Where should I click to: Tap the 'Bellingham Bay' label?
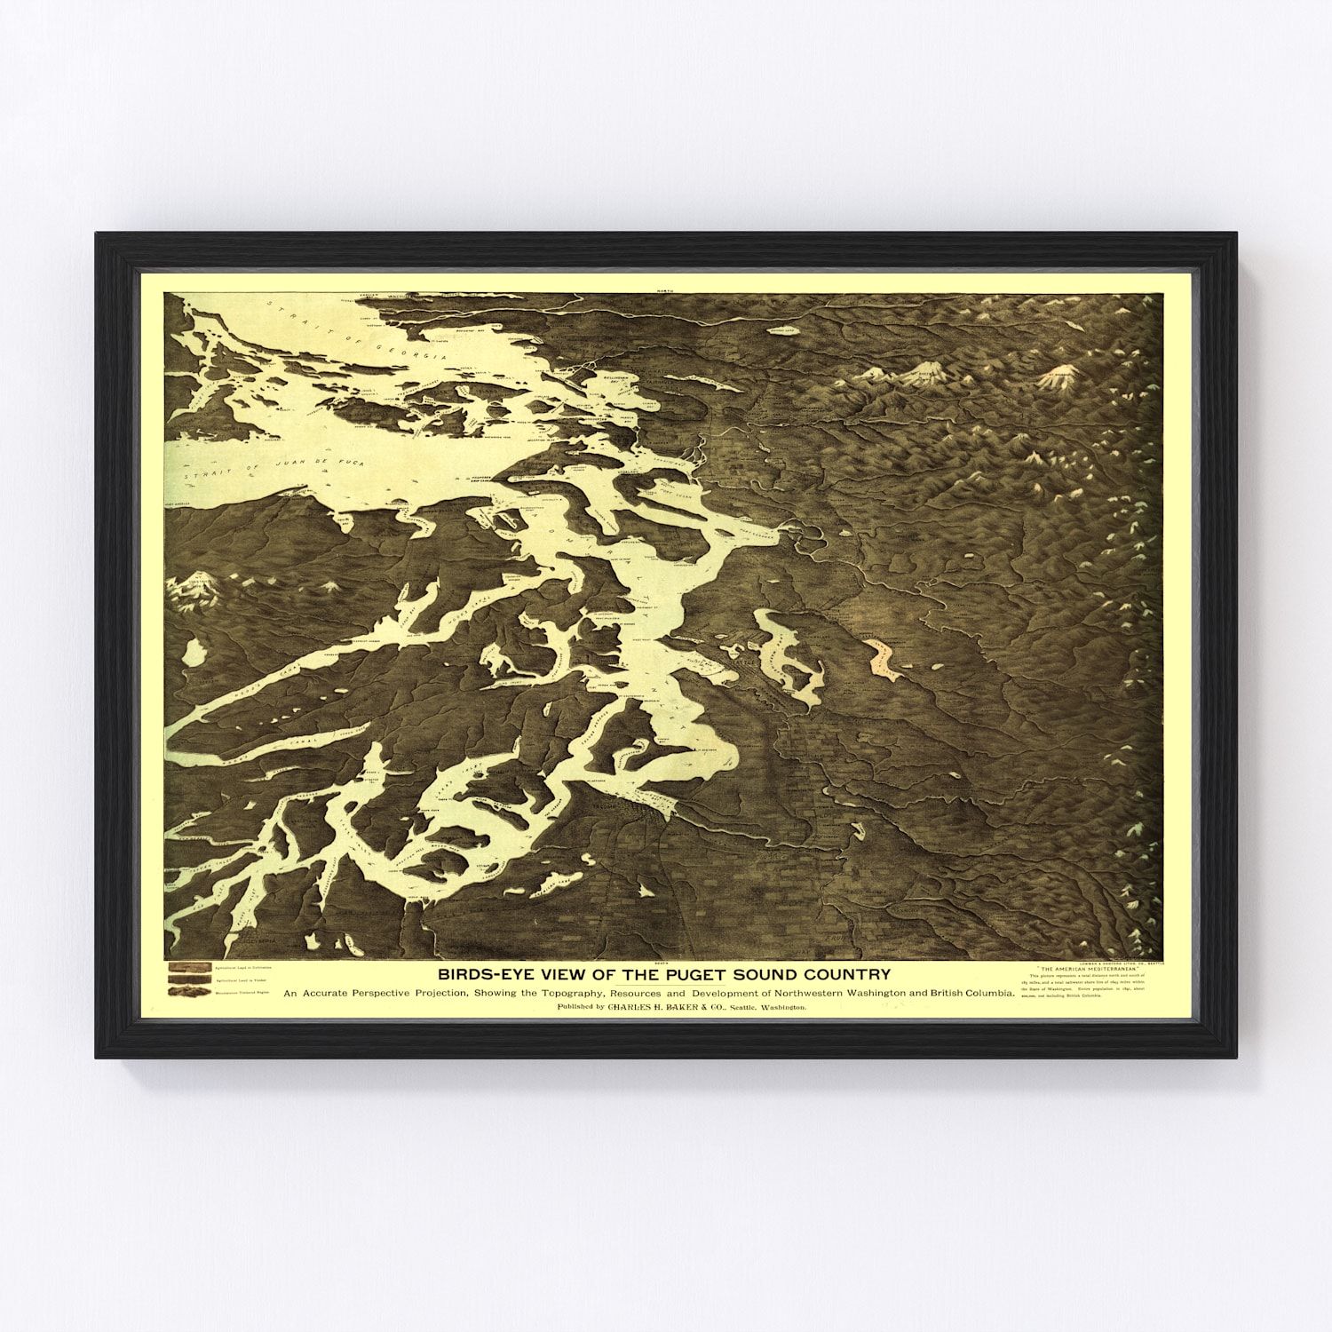tap(612, 384)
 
